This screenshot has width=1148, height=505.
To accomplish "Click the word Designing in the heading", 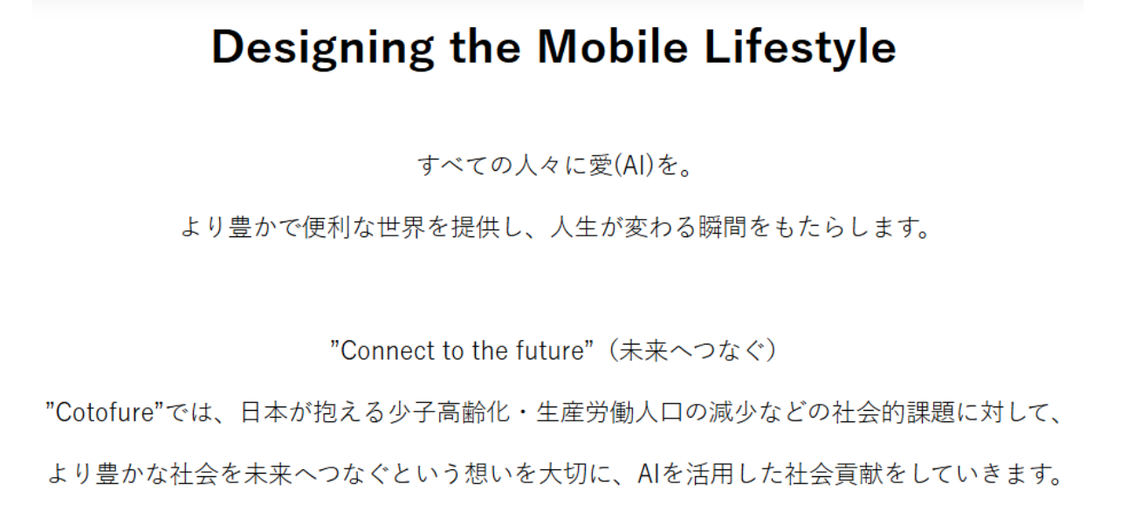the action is tap(323, 49).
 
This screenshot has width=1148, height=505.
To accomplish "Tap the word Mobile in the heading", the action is tap(613, 47).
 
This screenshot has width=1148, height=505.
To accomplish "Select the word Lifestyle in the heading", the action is tap(801, 49).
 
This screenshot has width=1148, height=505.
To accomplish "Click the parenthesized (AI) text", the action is tap(635, 166).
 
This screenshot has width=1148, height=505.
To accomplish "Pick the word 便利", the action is tap(327, 228).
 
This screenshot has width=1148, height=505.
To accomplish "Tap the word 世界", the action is tap(402, 228).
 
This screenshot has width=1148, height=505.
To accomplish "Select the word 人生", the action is tap(574, 228).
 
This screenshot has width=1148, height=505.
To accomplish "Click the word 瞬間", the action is tap(723, 228).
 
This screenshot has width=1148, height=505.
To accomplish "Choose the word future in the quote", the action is tap(550, 351).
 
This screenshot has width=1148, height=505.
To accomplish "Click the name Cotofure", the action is tap(105, 413).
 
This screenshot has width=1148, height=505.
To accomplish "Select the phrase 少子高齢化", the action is tap(449, 413).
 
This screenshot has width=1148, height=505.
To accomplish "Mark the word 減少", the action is tap(733, 413).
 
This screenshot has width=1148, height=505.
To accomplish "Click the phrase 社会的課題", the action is tap(894, 413).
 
